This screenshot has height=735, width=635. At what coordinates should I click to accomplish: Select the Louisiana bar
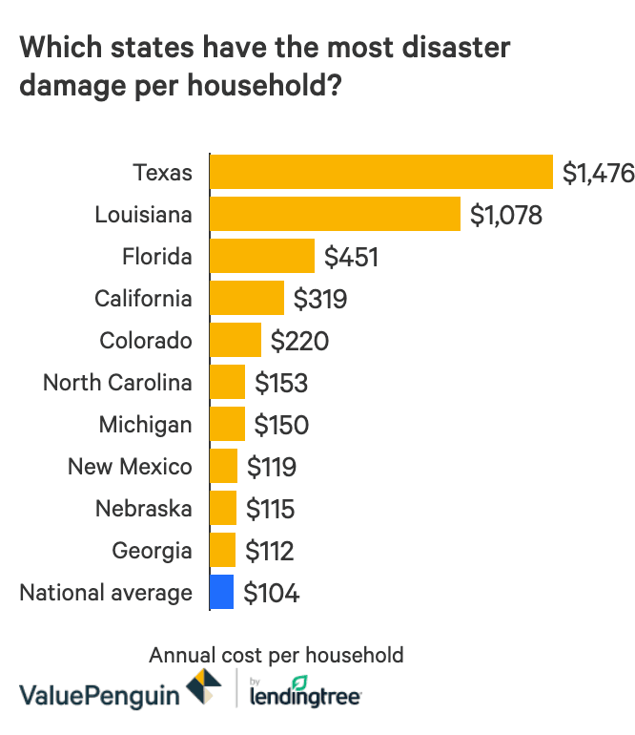pyautogui.click(x=335, y=215)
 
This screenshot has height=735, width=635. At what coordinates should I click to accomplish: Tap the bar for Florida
pyautogui.click(x=262, y=257)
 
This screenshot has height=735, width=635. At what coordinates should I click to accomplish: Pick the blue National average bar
pyautogui.click(x=221, y=593)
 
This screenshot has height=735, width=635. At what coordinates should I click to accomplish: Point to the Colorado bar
pyautogui.click(x=236, y=341)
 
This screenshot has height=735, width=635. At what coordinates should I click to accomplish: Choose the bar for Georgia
pyautogui.click(x=222, y=551)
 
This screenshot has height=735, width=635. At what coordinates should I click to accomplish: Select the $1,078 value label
pyautogui.click(x=506, y=216)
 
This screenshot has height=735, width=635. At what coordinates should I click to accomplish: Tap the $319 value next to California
pyautogui.click(x=320, y=300)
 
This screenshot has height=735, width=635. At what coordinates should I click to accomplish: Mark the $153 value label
pyautogui.click(x=281, y=384)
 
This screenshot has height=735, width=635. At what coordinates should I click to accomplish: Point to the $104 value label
pyautogui.click(x=272, y=594)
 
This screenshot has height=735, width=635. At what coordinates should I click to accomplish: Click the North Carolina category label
pyautogui.click(x=117, y=383)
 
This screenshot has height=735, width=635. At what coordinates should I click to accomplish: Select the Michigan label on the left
pyautogui.click(x=145, y=425)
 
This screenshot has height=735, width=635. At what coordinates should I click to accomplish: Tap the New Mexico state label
pyautogui.click(x=130, y=467)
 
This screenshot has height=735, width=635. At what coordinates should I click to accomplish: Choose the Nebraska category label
pyautogui.click(x=143, y=509)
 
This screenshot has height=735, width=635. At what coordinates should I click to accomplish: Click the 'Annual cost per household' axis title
pyautogui.click(x=277, y=656)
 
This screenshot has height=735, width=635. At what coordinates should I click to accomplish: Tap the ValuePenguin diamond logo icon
pyautogui.click(x=204, y=688)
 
